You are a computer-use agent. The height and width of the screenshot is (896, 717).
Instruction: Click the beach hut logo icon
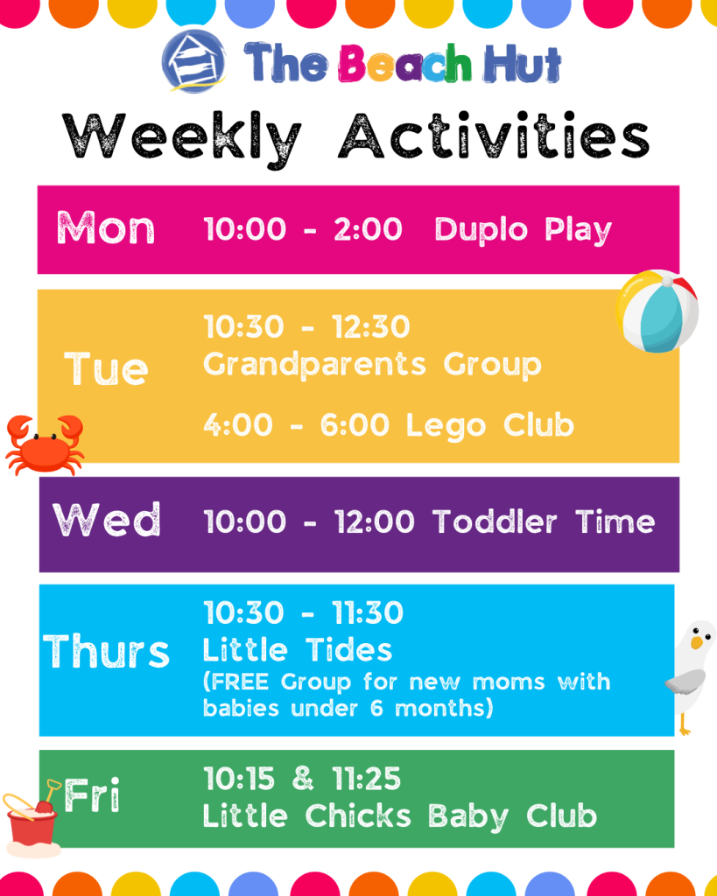coord(193,61)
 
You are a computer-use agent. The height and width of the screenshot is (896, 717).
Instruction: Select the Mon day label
coord(106,228)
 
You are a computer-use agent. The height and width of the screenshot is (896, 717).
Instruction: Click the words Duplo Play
coord(524,230)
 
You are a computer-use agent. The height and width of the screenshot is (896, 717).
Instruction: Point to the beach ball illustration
coord(657,311)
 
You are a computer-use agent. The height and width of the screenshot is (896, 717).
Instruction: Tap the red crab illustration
coord(45,444)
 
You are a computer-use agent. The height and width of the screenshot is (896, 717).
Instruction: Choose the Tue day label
coord(106,368)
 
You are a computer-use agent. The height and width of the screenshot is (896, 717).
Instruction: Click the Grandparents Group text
coord(372,365)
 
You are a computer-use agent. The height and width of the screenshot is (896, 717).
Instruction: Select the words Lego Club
coord(490,426)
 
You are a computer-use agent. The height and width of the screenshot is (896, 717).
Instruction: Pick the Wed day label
coord(107,520)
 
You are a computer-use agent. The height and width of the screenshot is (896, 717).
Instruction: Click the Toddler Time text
coord(544,521)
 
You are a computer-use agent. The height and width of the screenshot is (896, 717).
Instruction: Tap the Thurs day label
coord(106,651)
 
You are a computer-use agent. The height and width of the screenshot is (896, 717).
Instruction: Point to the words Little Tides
coord(298,650)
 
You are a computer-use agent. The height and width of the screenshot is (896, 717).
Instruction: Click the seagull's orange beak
coord(697,642)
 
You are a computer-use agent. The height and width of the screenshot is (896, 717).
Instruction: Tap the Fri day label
coord(92,794)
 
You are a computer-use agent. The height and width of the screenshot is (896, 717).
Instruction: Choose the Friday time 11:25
coord(367,778)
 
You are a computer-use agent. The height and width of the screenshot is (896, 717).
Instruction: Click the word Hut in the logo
coord(523,63)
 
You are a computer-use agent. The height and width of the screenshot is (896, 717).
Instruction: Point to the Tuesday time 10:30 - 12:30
coord(307,327)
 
